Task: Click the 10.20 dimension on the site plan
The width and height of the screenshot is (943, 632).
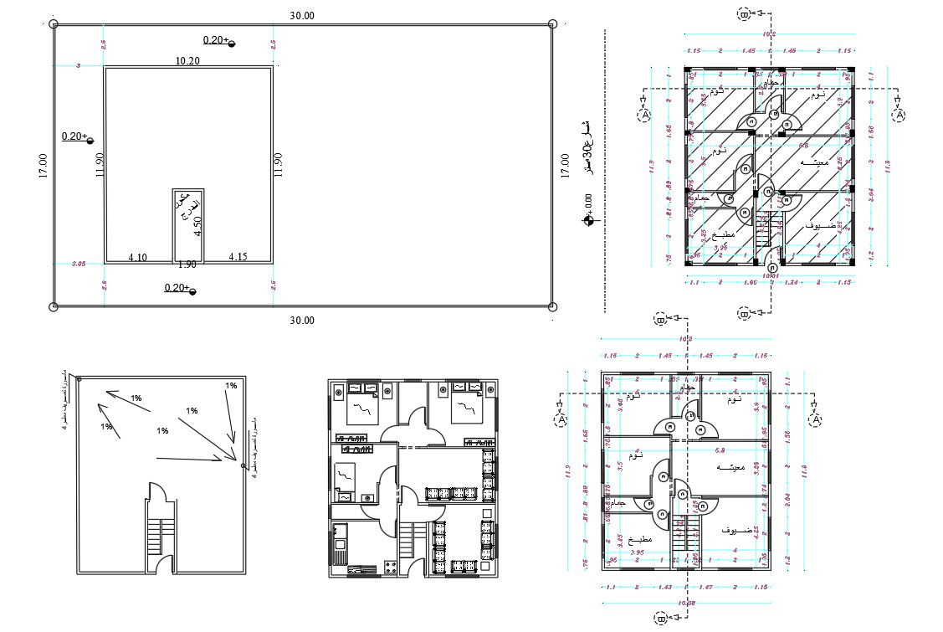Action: pyautogui.click(x=187, y=61)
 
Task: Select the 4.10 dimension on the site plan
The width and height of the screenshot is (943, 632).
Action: pyautogui.click(x=138, y=257)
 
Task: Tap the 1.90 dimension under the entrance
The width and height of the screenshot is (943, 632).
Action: pyautogui.click(x=187, y=265)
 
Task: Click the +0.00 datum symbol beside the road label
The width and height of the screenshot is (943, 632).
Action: pyautogui.click(x=589, y=221)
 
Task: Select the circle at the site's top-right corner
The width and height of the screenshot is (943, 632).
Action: pyautogui.click(x=552, y=25)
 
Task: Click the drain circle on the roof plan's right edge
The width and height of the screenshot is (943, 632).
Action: pyautogui.click(x=243, y=465)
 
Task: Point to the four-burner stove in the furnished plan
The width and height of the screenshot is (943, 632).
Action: pyautogui.click(x=390, y=568)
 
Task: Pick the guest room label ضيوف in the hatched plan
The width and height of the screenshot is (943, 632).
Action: pyautogui.click(x=822, y=227)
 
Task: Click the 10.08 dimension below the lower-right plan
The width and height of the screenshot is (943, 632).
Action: pyautogui.click(x=686, y=603)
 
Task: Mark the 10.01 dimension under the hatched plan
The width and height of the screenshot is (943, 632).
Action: pyautogui.click(x=770, y=275)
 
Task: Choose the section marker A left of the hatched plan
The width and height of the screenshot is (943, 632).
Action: pyautogui.click(x=645, y=114)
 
